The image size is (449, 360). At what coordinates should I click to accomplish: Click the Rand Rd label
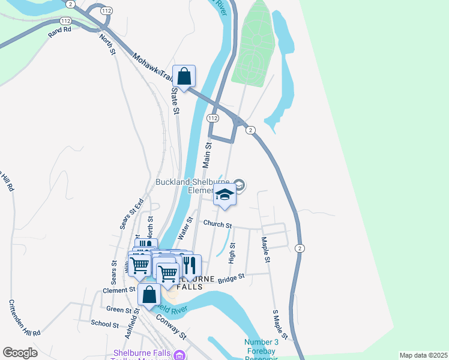[59, 29]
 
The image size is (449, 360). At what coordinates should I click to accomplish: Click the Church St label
[217, 224]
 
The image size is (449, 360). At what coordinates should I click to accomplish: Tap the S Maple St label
[280, 324]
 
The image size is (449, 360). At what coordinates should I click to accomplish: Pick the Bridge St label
[232, 278]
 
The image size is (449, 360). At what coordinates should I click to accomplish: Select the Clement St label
[119, 290]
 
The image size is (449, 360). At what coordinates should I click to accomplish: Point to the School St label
[104, 324]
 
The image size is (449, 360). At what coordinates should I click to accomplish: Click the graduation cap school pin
[224, 196]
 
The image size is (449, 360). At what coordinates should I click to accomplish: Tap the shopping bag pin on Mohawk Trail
[184, 77]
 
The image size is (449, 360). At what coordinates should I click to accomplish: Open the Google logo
[20, 352]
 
